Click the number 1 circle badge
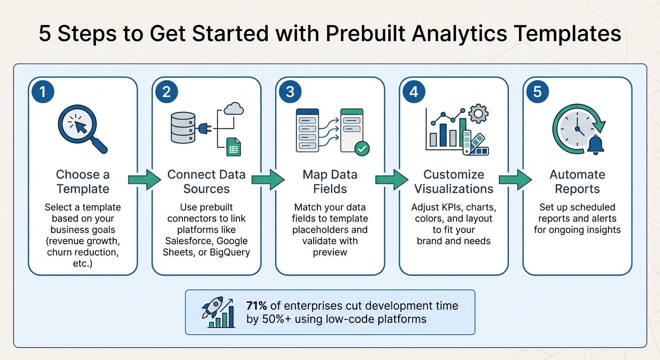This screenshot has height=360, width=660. coord(43,91)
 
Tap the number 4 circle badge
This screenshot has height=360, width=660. coord(413,91)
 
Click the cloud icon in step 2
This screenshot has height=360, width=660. coord(234,109)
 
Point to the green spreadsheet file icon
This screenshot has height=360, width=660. coord(233,147)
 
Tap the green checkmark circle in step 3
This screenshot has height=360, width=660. coord(361,149)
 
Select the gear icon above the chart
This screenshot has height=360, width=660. coord(478,113)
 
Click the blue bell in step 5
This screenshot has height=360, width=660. coord(595,144)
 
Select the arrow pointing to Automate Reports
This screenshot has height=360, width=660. coord(515,180)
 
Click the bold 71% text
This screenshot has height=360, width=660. coord(256,306)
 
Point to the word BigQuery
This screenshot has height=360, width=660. coord(228,252)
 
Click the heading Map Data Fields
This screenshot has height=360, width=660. coord(330,182)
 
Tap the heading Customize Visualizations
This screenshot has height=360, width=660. coord(454,182)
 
